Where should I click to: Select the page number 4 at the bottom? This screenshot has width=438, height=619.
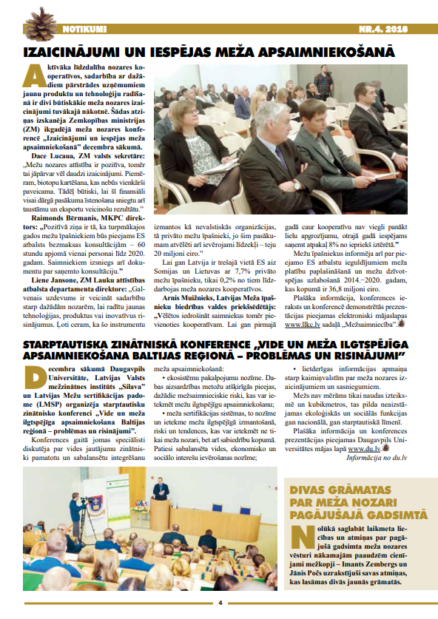point(220,601)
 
